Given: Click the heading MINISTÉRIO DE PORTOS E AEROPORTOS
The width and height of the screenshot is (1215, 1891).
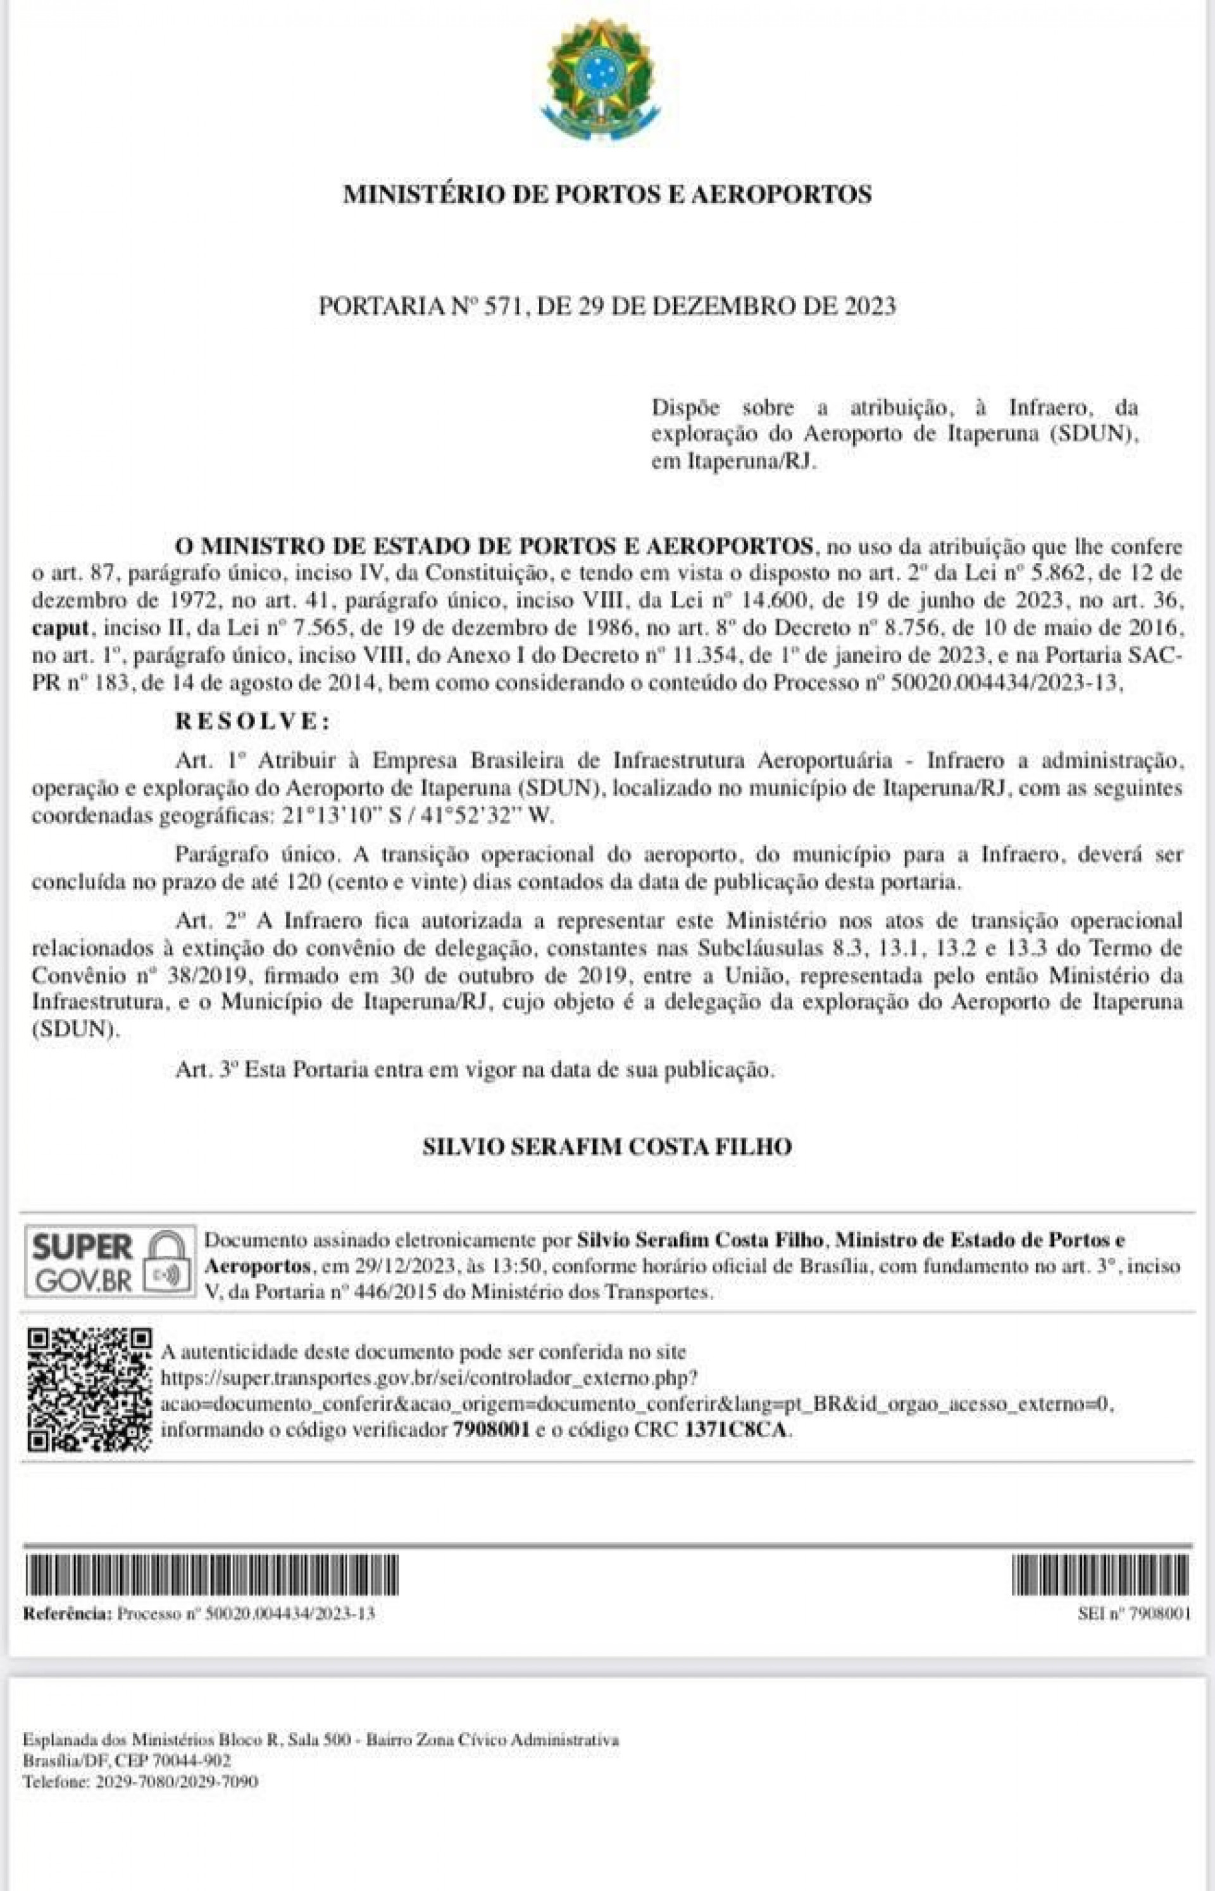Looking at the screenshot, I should pyautogui.click(x=607, y=194).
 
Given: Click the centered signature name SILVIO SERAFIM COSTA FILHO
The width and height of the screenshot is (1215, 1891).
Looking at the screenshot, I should pyautogui.click(x=607, y=1146).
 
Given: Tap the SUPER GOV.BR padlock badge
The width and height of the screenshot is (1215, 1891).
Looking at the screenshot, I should pyautogui.click(x=109, y=1262).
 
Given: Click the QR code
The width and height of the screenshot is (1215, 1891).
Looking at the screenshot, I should pyautogui.click(x=89, y=1391).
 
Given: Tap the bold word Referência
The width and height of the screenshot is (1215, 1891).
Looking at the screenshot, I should pyautogui.click(x=67, y=1614).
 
